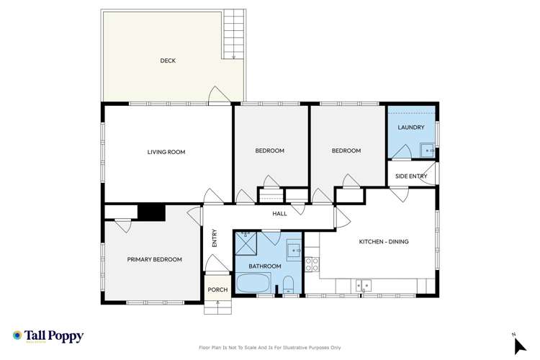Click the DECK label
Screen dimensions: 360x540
tap(168, 61)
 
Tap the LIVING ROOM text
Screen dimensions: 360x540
tap(166, 152)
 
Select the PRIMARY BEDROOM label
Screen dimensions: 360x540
tap(154, 259)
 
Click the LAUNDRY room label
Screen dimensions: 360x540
tap(410, 127)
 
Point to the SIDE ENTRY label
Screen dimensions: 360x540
tap(411, 176)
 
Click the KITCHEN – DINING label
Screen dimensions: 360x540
tap(384, 242)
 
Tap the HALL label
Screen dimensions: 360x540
tap(279, 214)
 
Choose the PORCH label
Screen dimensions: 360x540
tap(217, 290)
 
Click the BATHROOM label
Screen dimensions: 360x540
tap(265, 266)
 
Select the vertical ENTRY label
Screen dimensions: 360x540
tap(215, 238)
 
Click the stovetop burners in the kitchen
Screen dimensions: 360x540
tap(312, 264)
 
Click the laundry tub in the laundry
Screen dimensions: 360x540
tap(427, 150)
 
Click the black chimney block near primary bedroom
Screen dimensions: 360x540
tap(151, 212)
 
